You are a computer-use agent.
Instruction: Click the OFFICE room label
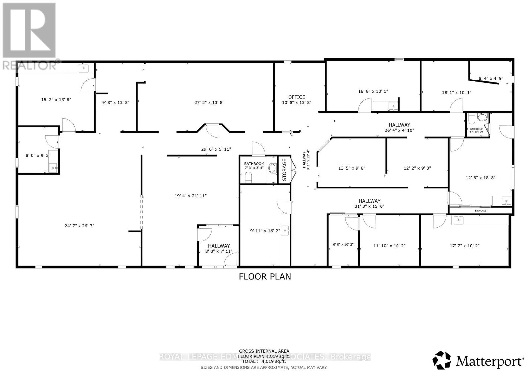click(296, 97)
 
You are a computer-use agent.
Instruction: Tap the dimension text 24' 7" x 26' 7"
click(79, 226)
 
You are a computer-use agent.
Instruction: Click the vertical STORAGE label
click(284, 170)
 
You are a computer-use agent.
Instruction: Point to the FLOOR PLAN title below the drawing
click(265, 276)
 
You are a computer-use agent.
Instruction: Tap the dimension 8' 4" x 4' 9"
click(491, 78)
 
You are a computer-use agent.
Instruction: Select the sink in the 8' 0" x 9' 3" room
click(53, 168)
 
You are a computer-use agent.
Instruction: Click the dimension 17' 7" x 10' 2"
click(465, 246)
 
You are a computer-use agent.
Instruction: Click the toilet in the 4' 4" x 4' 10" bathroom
click(482, 117)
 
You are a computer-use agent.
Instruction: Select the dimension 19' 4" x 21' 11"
click(190, 196)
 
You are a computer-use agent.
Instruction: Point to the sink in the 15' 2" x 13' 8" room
click(84, 68)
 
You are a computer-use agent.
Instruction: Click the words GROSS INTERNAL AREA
click(264, 351)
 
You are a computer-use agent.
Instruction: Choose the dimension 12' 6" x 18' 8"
click(480, 178)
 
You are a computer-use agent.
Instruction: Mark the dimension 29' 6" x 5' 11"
click(216, 149)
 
